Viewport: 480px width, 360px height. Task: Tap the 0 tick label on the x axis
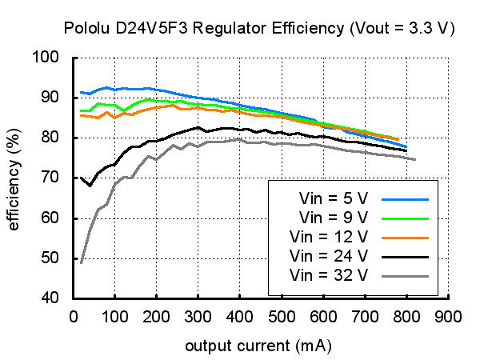click(73, 314)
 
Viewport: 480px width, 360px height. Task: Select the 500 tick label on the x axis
click(282, 314)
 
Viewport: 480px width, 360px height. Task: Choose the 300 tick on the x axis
click(198, 314)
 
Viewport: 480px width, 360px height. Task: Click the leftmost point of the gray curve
click(82, 262)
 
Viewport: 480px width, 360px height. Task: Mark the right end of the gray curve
click(415, 159)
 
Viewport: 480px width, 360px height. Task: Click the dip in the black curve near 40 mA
click(90, 186)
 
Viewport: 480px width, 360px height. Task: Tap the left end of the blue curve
click(82, 92)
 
